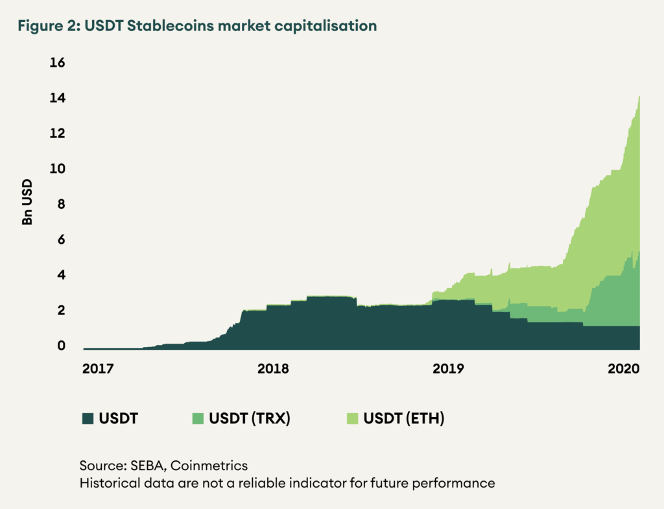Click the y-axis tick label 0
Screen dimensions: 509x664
click(61, 346)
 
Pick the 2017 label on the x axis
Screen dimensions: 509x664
click(98, 369)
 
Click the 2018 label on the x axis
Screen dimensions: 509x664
click(273, 369)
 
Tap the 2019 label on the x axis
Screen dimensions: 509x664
click(448, 369)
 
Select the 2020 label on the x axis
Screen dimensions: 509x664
click(623, 369)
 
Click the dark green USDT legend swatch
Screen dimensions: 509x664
click(88, 418)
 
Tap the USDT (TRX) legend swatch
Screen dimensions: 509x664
click(197, 418)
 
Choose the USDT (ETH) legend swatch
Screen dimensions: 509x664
click(352, 418)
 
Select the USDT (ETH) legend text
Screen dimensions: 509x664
click(404, 418)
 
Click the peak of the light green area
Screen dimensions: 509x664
click(639, 97)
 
